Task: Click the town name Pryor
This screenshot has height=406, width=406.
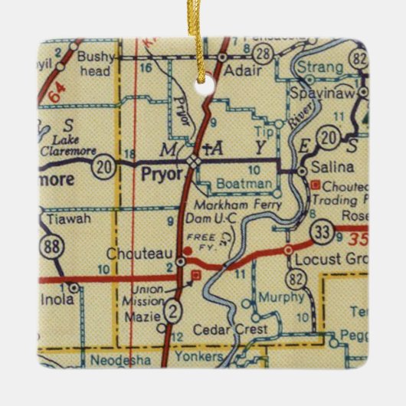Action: pos(162,174)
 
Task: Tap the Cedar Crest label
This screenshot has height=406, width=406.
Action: pos(237,329)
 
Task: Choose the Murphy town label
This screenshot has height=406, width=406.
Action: pos(276,296)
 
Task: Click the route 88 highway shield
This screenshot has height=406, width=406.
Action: pos(52,246)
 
